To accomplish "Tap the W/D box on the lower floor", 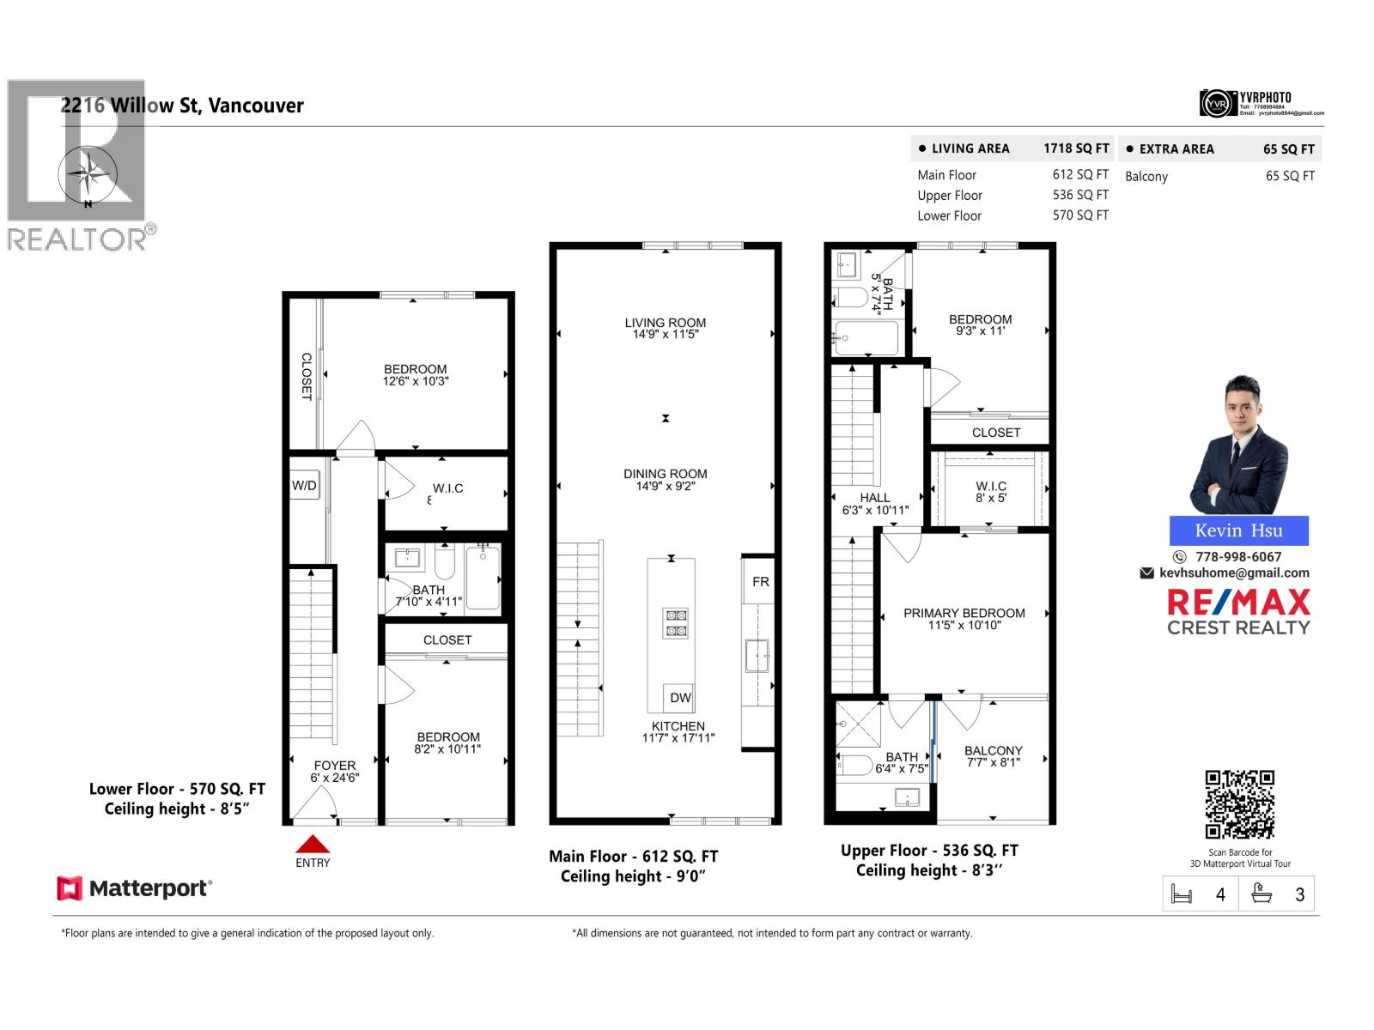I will (304, 485).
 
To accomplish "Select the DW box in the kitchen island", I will (679, 698).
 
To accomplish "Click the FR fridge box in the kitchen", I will (760, 581).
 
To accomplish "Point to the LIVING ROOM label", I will (665, 323).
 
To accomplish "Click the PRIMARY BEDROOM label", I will (964, 613).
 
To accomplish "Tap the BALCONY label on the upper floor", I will (993, 750).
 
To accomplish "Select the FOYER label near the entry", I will (334, 766).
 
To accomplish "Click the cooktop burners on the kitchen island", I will (676, 622).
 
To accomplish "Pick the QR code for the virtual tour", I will (1239, 804).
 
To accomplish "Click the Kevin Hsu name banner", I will (1238, 530).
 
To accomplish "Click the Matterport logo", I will (134, 888).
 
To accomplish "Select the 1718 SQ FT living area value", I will (1076, 148).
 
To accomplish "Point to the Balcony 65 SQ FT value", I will (1289, 176).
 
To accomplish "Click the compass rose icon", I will (88, 174).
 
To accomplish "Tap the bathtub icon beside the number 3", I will (1261, 894).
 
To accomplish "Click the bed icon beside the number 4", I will (1182, 894).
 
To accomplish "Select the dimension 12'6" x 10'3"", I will (416, 381).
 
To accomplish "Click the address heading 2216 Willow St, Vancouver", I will (182, 106).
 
